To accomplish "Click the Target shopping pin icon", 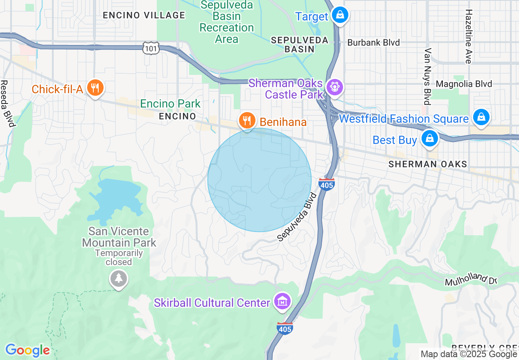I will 339,16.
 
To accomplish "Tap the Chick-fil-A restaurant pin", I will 95,88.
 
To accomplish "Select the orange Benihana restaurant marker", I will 247,121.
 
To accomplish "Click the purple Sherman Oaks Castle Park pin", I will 335,87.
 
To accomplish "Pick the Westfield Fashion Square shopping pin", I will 481,117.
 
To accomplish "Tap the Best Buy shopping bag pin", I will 429,139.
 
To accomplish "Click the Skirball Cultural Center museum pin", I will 282,302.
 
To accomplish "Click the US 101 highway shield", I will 150,49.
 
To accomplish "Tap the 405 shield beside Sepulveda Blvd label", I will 326,184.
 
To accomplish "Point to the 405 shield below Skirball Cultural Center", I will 284,328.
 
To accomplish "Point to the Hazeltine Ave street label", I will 468,37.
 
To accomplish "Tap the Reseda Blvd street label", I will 7,103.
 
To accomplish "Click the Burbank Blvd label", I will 373,43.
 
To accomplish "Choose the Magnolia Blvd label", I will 464,84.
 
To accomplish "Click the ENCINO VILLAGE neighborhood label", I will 144,15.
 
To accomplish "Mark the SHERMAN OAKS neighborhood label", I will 427,164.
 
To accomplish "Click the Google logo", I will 27,350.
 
